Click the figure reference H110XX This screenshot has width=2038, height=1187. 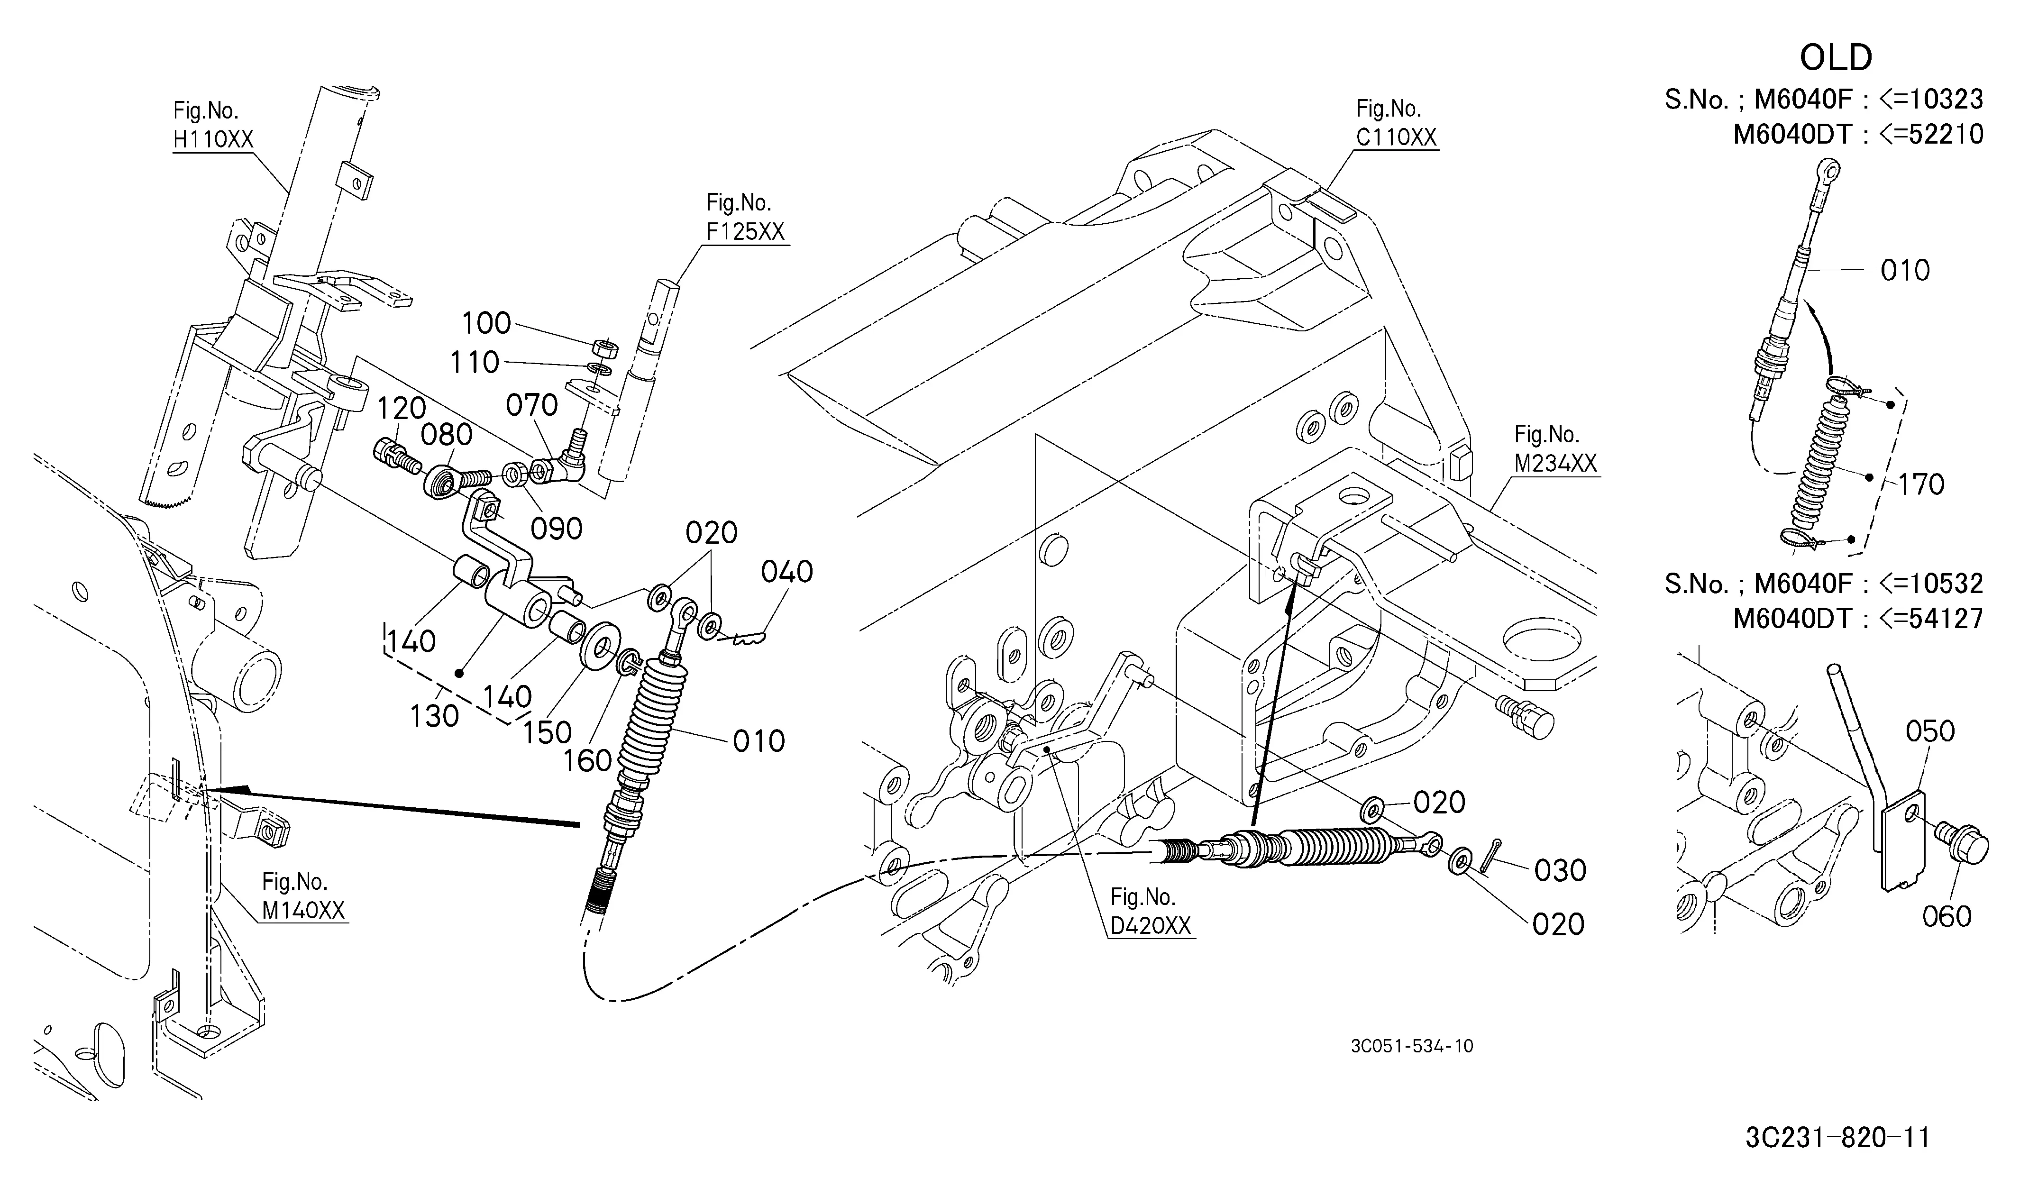(x=213, y=139)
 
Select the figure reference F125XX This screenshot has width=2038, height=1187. (x=745, y=231)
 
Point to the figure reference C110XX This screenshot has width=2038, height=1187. (x=1397, y=137)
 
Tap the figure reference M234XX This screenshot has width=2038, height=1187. (x=1555, y=463)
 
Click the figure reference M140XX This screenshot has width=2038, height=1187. (x=303, y=911)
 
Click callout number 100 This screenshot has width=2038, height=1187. (x=486, y=323)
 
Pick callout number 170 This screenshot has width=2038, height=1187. (x=1921, y=484)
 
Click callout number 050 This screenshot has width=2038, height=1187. (x=1930, y=731)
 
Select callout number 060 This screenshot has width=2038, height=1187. (x=1947, y=916)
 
